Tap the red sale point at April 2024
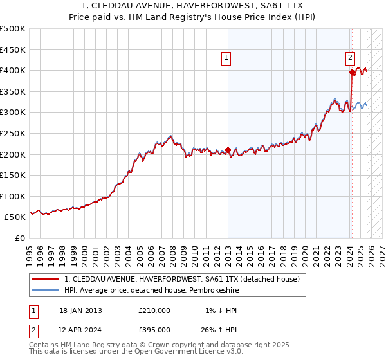(x=352, y=72)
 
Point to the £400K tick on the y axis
(x=13, y=70)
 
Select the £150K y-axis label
(x=13, y=175)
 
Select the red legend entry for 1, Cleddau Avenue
(x=182, y=279)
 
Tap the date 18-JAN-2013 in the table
(x=80, y=310)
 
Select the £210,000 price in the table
(x=154, y=310)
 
